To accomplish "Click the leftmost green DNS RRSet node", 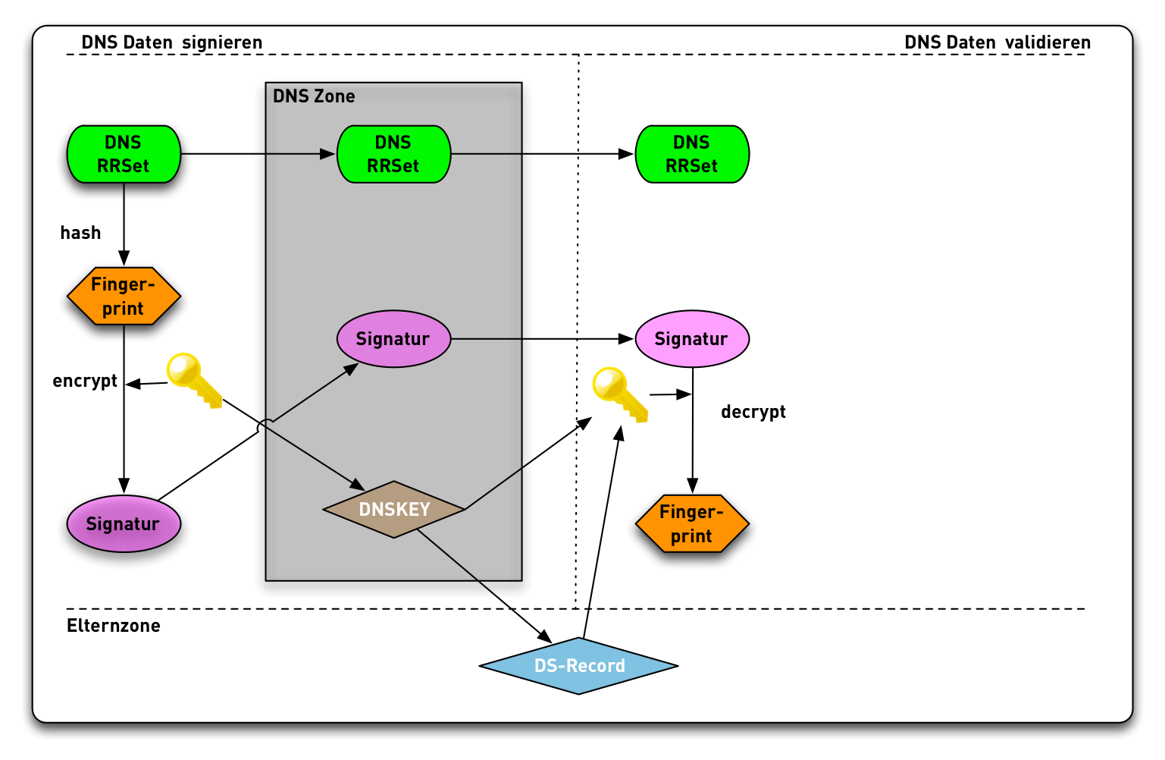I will click(x=124, y=154).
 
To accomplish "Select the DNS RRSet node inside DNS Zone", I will click(x=393, y=154).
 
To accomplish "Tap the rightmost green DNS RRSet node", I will click(x=691, y=154).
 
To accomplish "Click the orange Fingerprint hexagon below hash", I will click(x=124, y=296).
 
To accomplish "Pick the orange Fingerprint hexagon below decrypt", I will click(x=691, y=523).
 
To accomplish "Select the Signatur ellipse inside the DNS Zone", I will click(x=393, y=339).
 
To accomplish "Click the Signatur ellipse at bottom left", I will click(x=124, y=523).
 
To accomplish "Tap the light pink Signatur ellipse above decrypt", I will click(x=691, y=339).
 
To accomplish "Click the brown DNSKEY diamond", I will click(x=393, y=509).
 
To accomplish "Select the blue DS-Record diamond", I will click(x=579, y=666).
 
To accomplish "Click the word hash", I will click(x=80, y=233).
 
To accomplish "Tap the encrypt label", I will click(x=85, y=381).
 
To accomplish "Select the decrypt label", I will click(x=753, y=412).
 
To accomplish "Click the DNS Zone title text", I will click(x=314, y=96).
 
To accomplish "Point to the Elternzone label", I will click(x=114, y=626).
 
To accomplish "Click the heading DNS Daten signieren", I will click(x=172, y=42).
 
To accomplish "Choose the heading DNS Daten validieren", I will click(x=997, y=42).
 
